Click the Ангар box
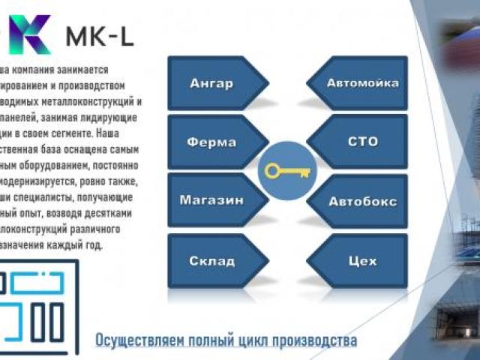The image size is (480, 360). (x=212, y=83)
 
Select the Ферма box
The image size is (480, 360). (x=212, y=142)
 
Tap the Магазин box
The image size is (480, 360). (x=212, y=200)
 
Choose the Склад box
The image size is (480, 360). (x=212, y=260)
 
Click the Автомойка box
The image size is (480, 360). (x=362, y=83)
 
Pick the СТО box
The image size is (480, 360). (x=362, y=142)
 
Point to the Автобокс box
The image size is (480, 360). (x=362, y=201)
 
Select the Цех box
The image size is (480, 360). (x=362, y=260)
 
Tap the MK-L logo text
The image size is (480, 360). (x=100, y=35)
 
